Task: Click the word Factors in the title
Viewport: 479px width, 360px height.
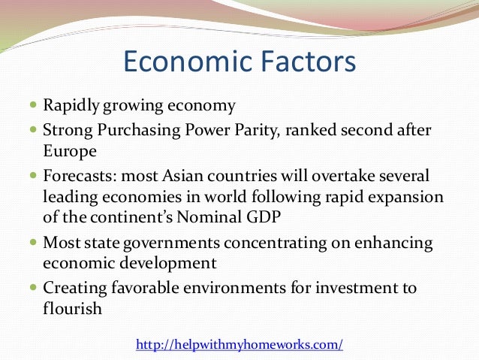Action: (297, 62)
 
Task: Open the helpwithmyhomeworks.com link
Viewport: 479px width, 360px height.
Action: (239, 344)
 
